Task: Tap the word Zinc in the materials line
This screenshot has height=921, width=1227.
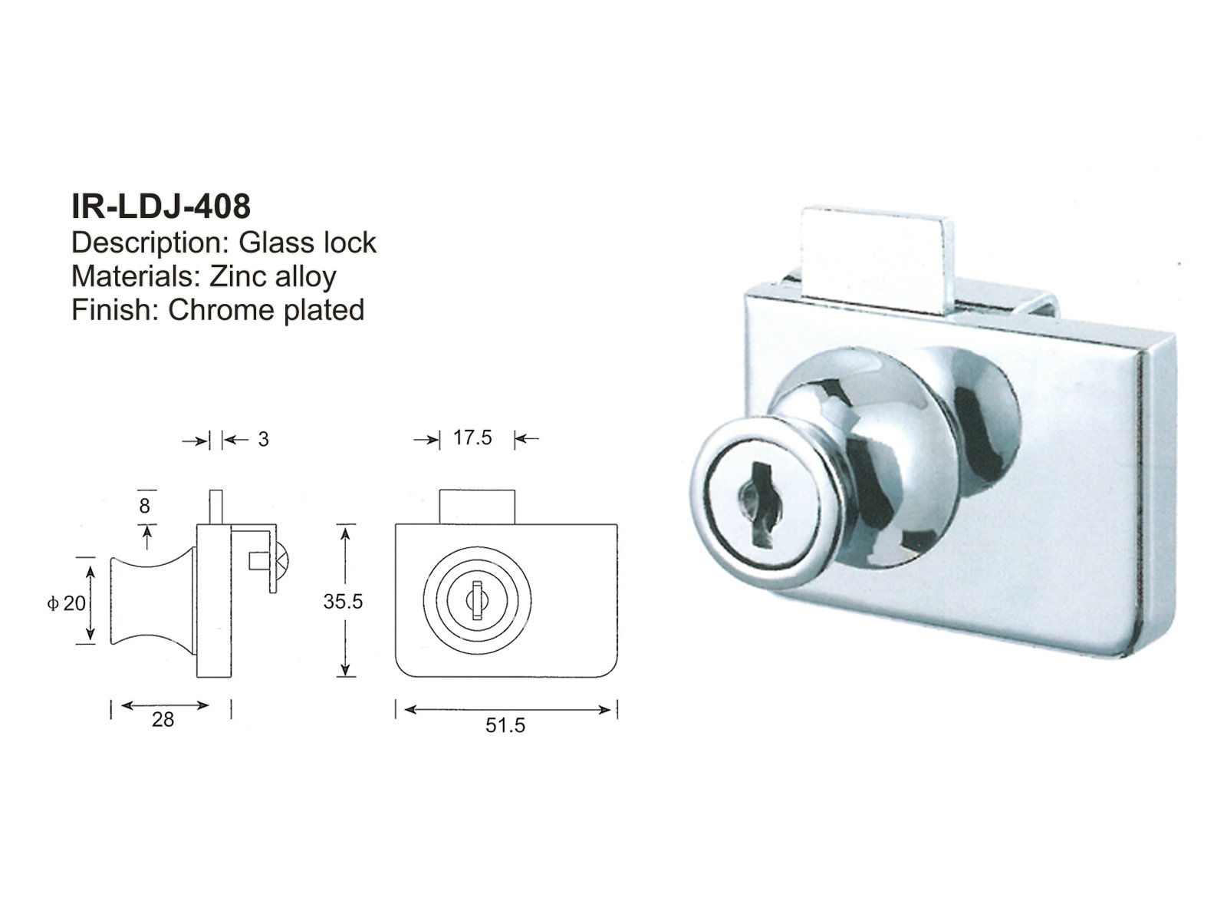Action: click(240, 276)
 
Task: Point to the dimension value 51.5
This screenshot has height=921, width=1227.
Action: click(505, 725)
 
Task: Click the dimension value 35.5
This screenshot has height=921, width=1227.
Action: click(342, 602)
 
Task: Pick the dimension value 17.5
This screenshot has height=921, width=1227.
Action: click(472, 438)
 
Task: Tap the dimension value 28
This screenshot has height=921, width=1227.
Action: click(163, 720)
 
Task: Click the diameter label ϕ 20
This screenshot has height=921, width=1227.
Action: click(66, 603)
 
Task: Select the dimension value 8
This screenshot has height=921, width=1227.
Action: click(144, 506)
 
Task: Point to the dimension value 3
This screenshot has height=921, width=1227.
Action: click(263, 440)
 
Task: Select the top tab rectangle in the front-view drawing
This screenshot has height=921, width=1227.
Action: click(476, 507)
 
